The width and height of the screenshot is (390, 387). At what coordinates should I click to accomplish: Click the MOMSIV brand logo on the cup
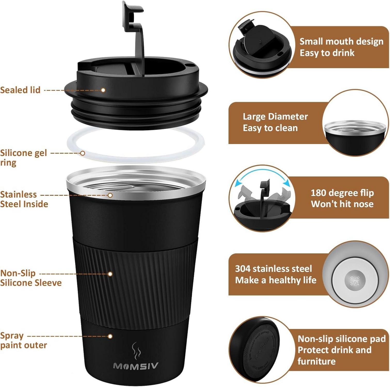click(136, 366)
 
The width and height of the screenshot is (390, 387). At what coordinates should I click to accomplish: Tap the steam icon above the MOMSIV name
click(136, 351)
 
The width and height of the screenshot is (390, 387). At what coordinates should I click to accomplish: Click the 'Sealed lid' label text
click(20, 90)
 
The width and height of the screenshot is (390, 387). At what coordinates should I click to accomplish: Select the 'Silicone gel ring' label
click(23, 158)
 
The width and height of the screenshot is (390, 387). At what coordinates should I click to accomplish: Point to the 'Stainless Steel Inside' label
click(24, 199)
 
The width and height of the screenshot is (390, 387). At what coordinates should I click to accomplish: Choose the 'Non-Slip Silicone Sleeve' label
click(30, 278)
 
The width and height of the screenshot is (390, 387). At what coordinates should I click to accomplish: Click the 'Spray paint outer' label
click(23, 340)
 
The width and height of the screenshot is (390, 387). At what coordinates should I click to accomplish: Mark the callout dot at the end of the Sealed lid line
click(103, 90)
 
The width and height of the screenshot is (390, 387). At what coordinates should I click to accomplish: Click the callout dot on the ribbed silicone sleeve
click(110, 274)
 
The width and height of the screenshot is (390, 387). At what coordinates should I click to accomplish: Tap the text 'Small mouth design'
click(341, 41)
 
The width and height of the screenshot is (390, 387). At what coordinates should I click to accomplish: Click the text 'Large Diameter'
click(275, 117)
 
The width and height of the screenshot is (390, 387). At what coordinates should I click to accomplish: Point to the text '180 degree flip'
click(342, 193)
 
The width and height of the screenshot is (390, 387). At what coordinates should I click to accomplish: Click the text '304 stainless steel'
click(273, 269)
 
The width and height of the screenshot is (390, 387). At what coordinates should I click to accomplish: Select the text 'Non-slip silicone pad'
click(341, 339)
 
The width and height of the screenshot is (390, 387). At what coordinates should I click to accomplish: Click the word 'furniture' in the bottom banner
click(316, 361)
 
